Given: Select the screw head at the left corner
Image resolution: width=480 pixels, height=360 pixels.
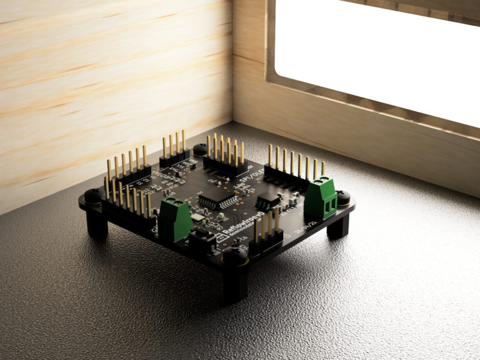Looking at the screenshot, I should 93,195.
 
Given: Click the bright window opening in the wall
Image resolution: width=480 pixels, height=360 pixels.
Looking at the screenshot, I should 378,54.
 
